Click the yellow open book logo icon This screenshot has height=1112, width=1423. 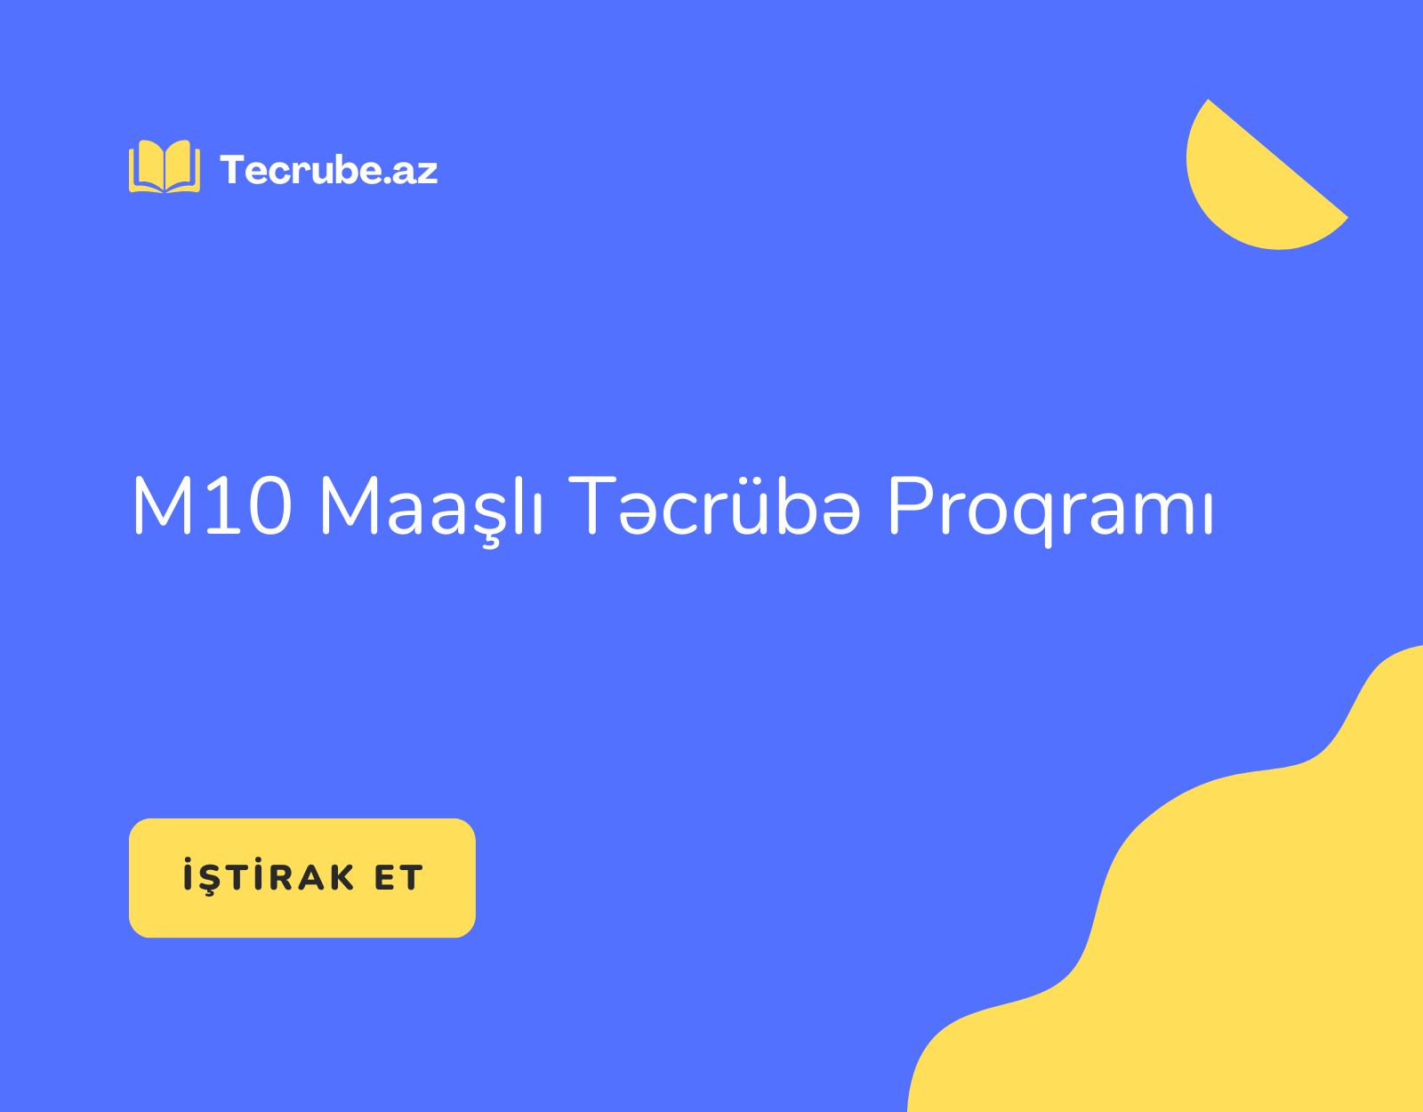click(165, 166)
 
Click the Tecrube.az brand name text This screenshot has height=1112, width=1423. click(329, 170)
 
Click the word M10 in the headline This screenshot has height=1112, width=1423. click(213, 506)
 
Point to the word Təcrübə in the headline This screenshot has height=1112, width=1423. click(714, 505)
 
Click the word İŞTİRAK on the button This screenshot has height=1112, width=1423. click(269, 876)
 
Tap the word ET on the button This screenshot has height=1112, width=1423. click(398, 878)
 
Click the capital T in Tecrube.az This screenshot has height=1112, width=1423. click(232, 170)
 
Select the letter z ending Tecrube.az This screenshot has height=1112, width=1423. click(427, 173)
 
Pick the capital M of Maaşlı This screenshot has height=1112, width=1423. click(350, 506)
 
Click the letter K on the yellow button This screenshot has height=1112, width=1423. click(342, 878)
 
